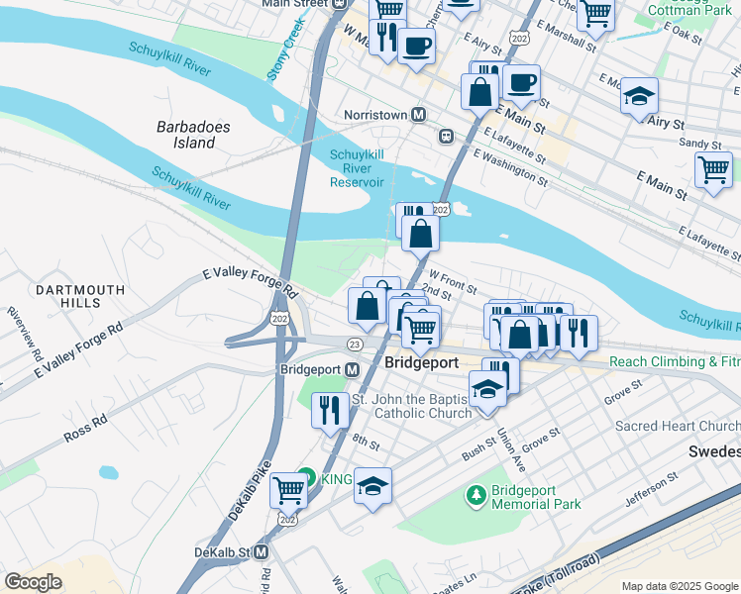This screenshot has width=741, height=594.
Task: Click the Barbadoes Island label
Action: coord(186,135)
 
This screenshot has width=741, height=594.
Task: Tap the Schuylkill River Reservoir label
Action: coord(357,168)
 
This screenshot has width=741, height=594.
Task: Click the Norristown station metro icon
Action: coord(419,115)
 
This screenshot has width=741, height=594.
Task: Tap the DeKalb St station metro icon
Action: coord(262,551)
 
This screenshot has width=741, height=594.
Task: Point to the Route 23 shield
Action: coord(354,344)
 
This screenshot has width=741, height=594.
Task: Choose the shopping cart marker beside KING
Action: coord(288,488)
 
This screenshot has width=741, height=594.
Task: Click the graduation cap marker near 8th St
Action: coord(372,486)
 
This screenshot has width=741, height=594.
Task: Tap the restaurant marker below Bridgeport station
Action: coord(329,407)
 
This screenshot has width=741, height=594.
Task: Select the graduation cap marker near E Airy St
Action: coord(639,96)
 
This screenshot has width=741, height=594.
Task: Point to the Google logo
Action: coord(33,582)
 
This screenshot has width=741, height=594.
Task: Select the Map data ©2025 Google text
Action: coord(679,586)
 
